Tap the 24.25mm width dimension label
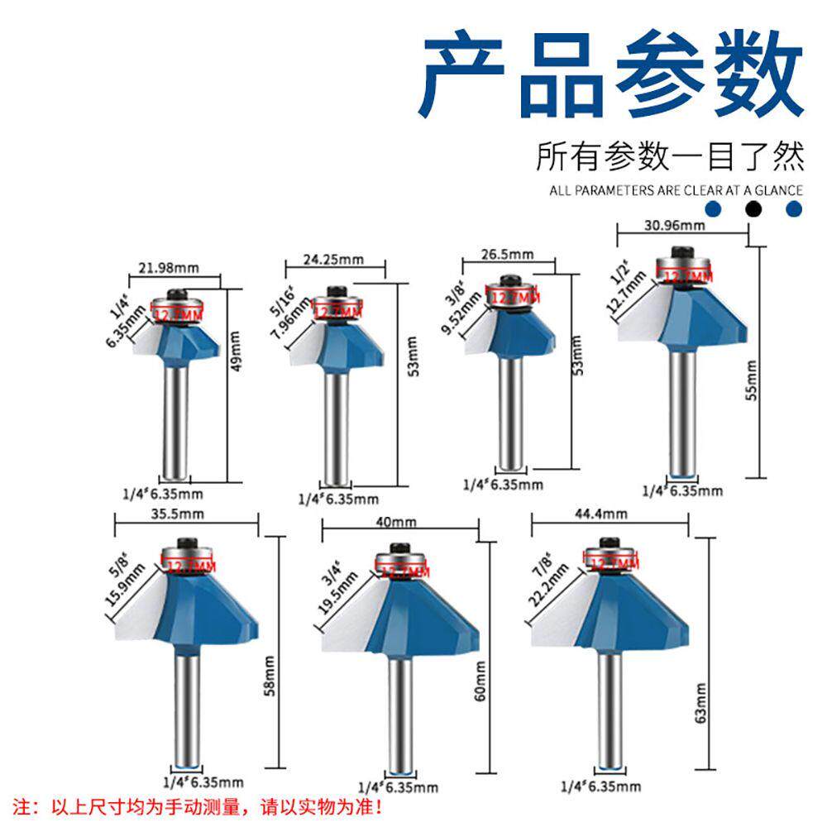pyautogui.click(x=333, y=259)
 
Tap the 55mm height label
pyautogui.click(x=751, y=380)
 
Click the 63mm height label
pyautogui.click(x=701, y=702)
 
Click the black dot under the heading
pyautogui.click(x=753, y=209)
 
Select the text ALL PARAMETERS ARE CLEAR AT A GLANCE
pyautogui.click(x=676, y=190)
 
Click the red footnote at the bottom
pyautogui.click(x=202, y=805)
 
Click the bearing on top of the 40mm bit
pyautogui.click(x=402, y=562)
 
